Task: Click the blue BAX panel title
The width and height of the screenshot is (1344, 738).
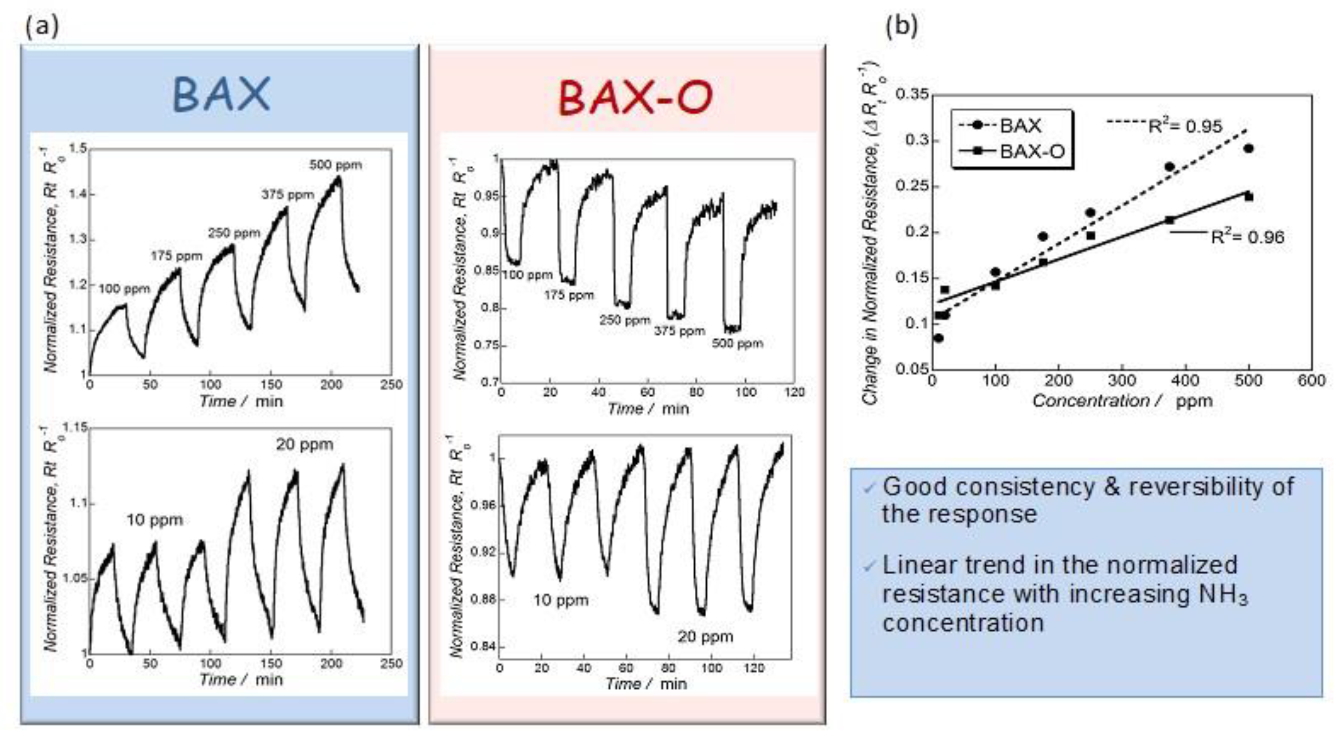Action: [221, 94]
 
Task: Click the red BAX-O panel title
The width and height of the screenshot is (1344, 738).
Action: [635, 98]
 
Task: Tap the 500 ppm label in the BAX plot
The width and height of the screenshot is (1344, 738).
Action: [336, 165]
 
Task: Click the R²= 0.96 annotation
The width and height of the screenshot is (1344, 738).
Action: [1247, 238]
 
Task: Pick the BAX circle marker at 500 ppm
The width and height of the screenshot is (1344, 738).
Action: [1248, 149]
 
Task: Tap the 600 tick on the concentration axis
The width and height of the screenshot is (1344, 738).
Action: [1311, 380]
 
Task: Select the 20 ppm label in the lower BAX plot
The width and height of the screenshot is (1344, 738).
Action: [304, 445]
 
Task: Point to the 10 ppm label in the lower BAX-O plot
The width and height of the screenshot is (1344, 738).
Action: [560, 600]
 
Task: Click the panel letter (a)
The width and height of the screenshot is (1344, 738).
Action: [42, 25]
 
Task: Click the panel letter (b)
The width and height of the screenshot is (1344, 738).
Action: [901, 25]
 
